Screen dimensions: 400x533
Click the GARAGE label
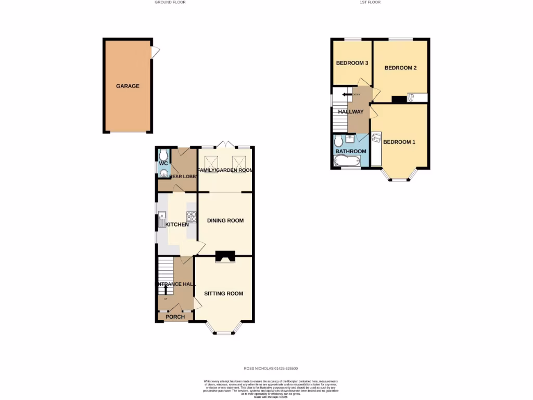point(128,86)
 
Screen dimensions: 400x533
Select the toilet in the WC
point(163,155)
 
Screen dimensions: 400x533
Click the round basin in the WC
point(163,172)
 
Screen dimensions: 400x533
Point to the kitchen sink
point(162,219)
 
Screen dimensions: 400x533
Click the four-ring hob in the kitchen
point(191,216)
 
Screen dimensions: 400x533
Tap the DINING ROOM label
point(225,220)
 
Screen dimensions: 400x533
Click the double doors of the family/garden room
point(225,144)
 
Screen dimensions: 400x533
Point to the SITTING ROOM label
point(223,293)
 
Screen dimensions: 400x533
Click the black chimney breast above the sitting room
point(225,255)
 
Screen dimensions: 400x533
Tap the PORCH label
point(175,317)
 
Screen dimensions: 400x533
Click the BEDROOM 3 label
point(352,63)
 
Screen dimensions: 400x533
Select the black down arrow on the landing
point(346,94)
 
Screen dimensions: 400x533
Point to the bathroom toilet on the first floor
point(338,142)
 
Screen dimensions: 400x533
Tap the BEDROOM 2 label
point(400,68)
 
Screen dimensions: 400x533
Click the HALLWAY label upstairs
point(350,111)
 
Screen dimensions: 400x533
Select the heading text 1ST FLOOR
point(370,2)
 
